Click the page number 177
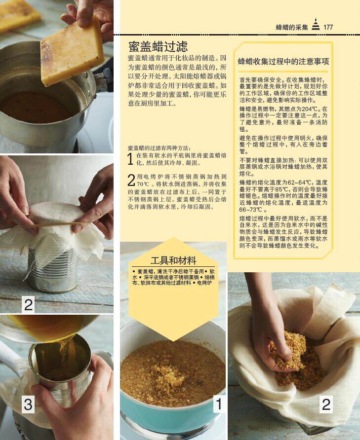pos(328,27)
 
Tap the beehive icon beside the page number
pos(316,24)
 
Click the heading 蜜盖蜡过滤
pos(158,46)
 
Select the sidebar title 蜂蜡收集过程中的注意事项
pos(283,62)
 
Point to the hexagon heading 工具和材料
pos(173,260)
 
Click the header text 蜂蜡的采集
pos(292,27)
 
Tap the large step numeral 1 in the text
pos(130,159)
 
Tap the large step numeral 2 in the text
pos(131,180)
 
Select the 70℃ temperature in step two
pos(143,184)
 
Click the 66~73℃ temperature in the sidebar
pos(251,210)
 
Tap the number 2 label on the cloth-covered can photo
pos(28,304)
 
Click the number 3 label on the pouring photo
pos(28,404)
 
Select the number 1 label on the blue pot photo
pos(219,404)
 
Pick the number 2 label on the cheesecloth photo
pos(326,404)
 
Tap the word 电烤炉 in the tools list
pos(204,283)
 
